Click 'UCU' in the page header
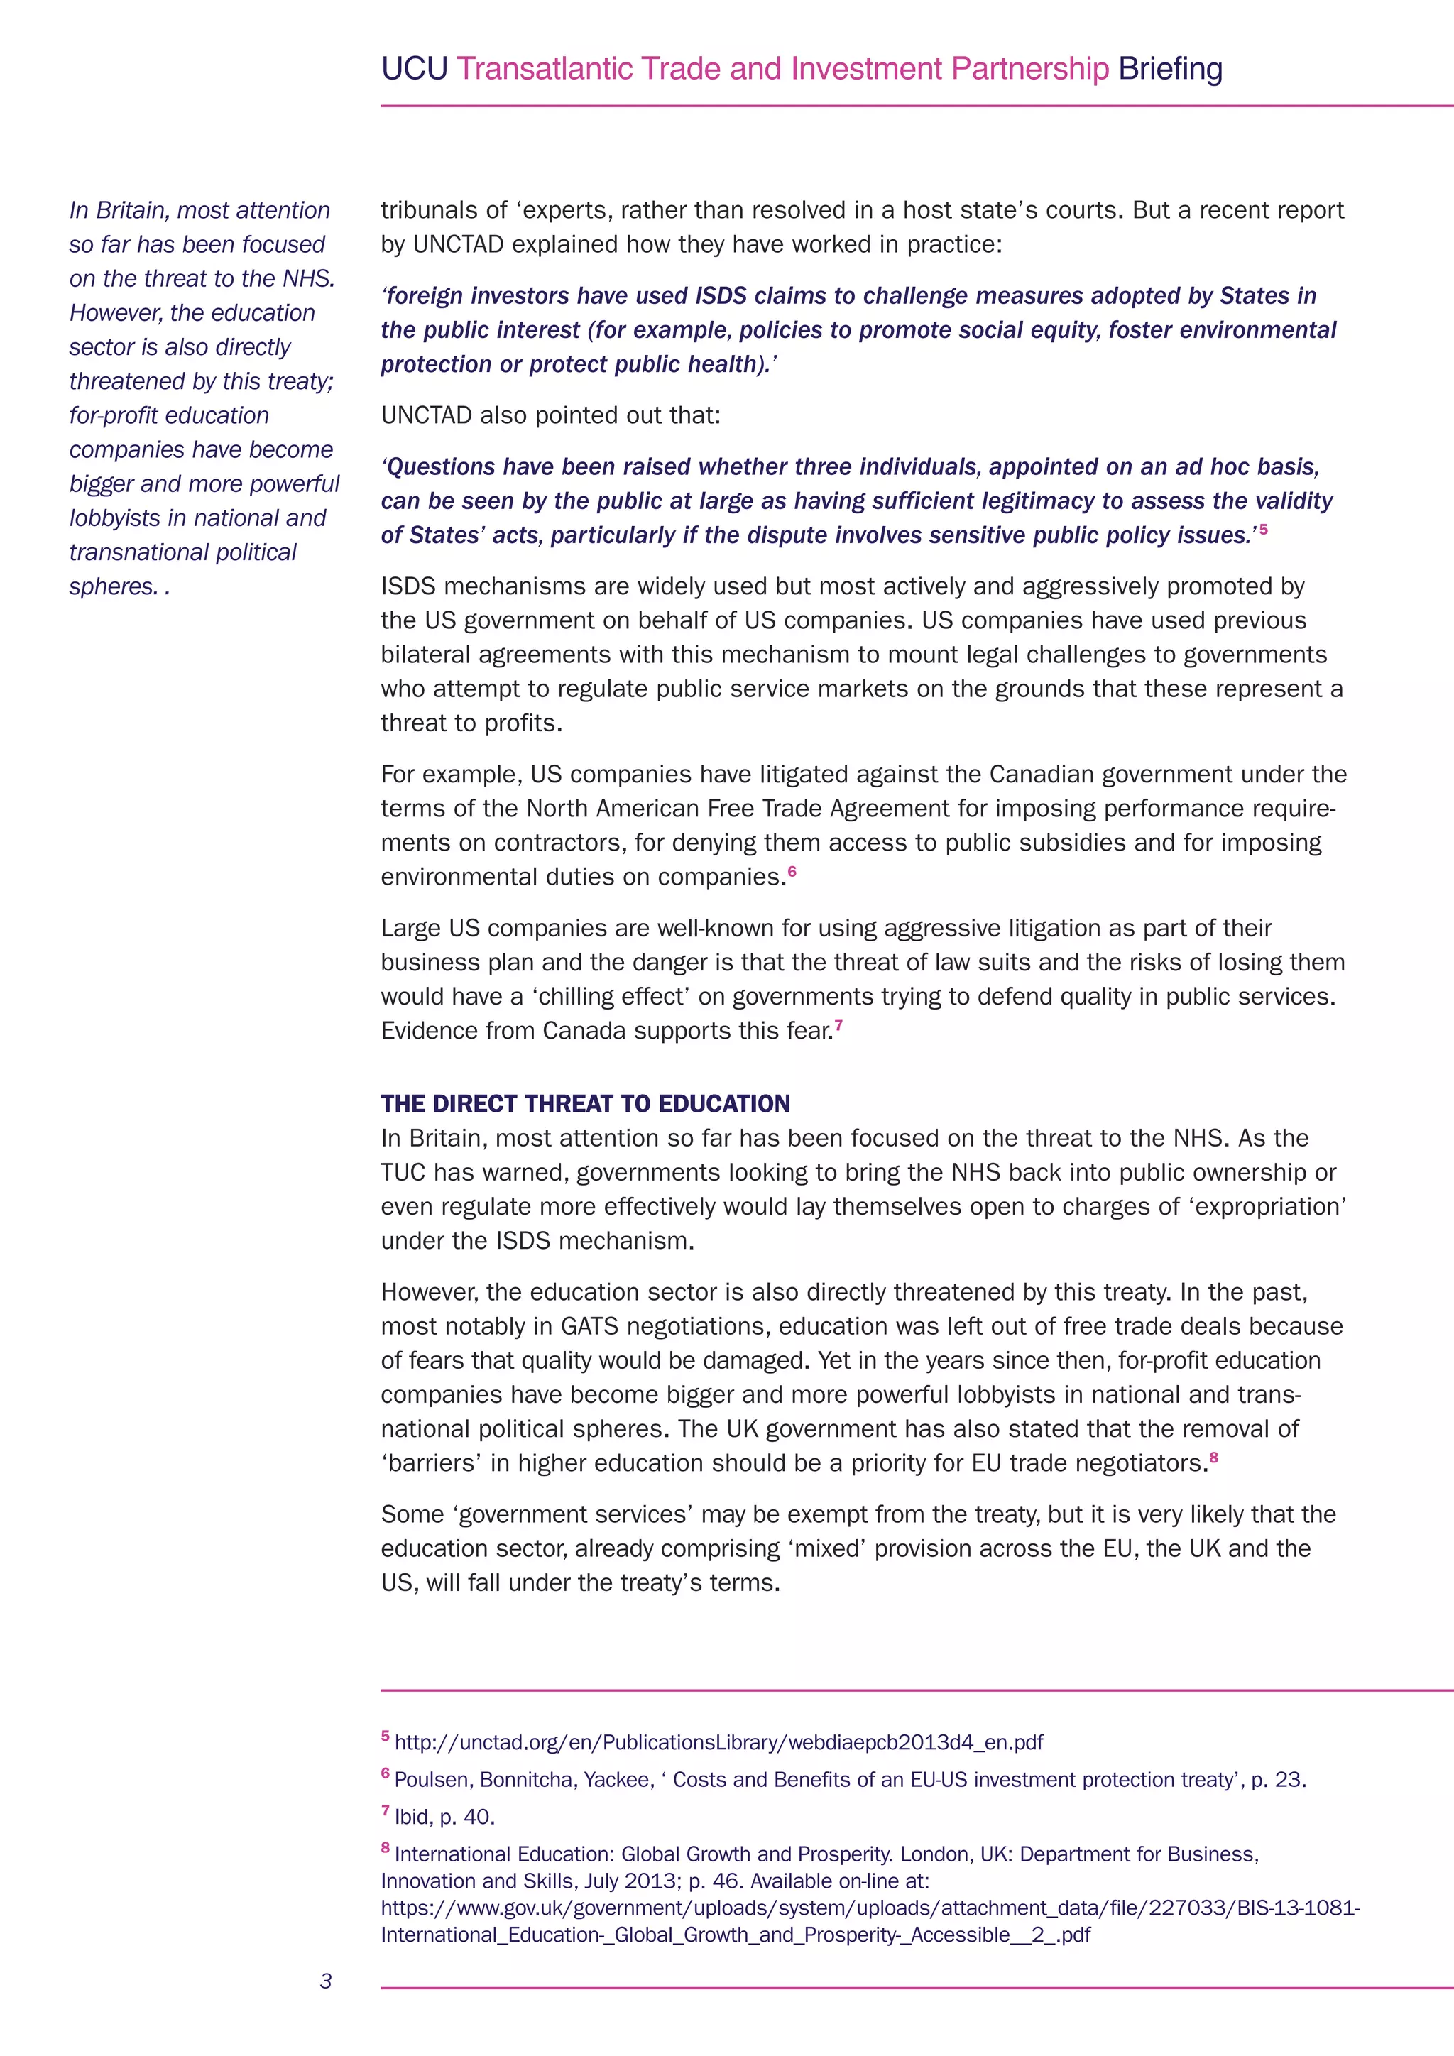point(414,69)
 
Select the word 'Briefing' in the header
point(1170,69)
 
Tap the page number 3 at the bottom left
point(326,1981)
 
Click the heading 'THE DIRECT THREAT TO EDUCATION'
point(584,1103)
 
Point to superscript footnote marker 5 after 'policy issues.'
point(1263,529)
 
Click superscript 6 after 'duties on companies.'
point(792,870)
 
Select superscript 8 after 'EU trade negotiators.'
point(1214,1457)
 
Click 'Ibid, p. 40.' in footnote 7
point(444,1817)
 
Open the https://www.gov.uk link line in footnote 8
point(868,1908)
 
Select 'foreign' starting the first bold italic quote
point(425,295)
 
